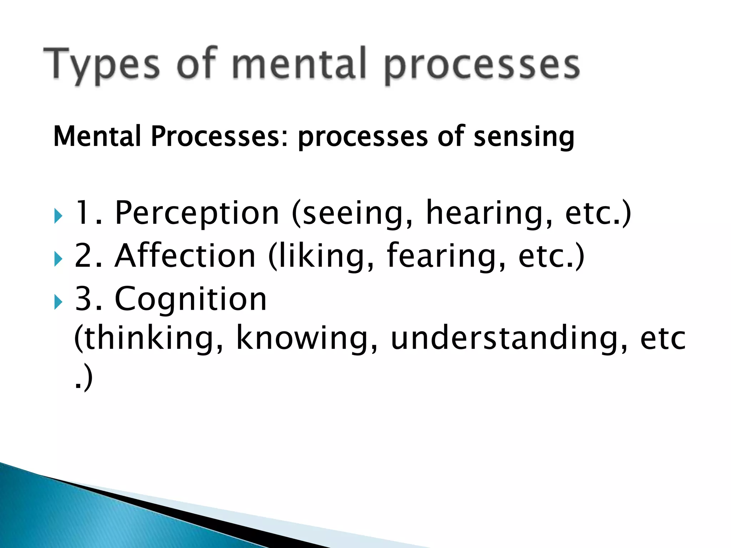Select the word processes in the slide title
[482, 66]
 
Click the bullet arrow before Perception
[59, 216]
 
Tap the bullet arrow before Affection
[59, 259]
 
